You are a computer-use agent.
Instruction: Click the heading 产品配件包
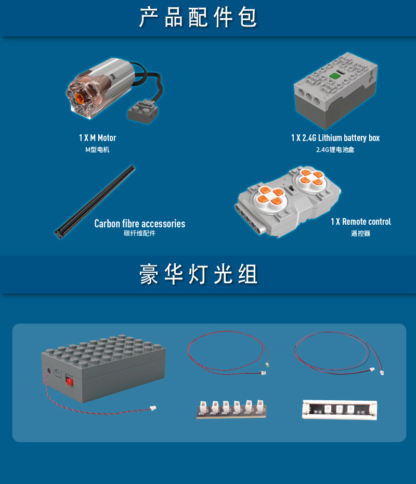(198, 18)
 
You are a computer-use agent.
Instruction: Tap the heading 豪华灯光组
(198, 274)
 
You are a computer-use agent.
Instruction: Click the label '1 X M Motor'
(97, 138)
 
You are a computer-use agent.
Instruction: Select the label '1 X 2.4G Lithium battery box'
(335, 138)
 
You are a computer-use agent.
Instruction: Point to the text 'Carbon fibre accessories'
(140, 223)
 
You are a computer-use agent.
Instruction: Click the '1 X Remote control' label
(361, 222)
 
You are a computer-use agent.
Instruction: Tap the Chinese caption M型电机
(97, 150)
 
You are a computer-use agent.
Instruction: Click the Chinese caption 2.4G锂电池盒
(335, 150)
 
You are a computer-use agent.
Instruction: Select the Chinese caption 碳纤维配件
(140, 233)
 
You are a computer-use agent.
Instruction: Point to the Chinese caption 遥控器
(360, 233)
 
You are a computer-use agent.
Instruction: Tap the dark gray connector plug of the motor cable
(143, 112)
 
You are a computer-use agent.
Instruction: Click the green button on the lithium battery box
(334, 76)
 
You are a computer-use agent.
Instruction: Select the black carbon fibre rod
(95, 202)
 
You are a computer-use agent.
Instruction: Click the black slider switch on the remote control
(290, 188)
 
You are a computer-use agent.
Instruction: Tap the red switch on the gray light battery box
(69, 381)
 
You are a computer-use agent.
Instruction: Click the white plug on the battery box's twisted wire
(153, 408)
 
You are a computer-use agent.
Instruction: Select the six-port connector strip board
(231, 409)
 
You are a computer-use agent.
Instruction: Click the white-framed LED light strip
(340, 410)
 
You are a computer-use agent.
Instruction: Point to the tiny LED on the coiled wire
(267, 365)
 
